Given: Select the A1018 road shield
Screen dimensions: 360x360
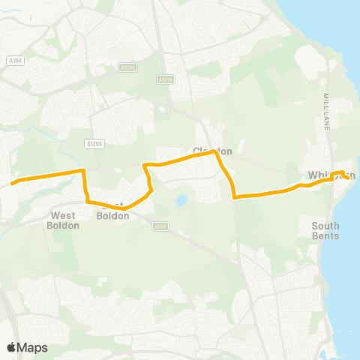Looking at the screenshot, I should pyautogui.click(x=166, y=79).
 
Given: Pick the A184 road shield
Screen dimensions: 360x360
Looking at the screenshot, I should pyautogui.click(x=159, y=225).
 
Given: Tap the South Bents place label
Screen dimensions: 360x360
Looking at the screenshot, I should pyautogui.click(x=325, y=231).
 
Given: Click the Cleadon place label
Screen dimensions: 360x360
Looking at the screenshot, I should pyautogui.click(x=213, y=151).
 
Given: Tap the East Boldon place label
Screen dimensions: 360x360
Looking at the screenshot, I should pyautogui.click(x=114, y=211).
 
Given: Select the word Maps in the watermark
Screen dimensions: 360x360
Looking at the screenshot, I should pyautogui.click(x=33, y=347).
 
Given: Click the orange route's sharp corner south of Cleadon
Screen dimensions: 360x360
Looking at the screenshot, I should pyautogui.click(x=235, y=197).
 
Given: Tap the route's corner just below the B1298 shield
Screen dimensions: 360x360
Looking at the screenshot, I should pyautogui.click(x=83, y=171).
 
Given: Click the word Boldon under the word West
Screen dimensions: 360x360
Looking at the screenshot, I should pyautogui.click(x=58, y=224).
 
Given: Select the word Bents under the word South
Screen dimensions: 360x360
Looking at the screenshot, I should pyautogui.click(x=325, y=236).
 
